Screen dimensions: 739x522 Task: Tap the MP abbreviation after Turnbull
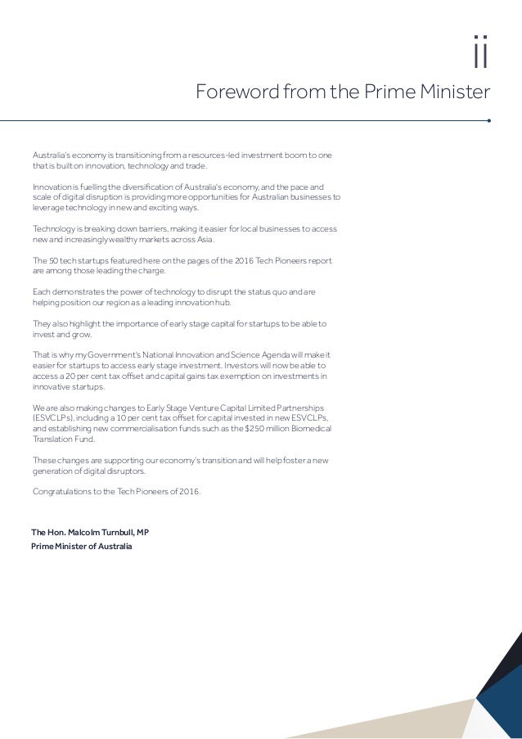tap(142, 532)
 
